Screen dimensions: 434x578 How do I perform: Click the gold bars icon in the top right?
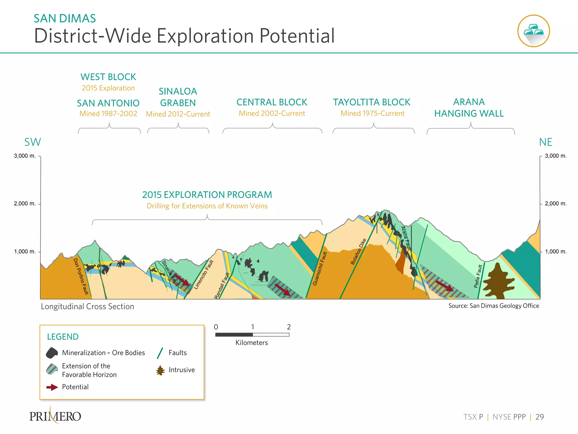[x=533, y=31]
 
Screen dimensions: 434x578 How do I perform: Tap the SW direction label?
[x=32, y=142]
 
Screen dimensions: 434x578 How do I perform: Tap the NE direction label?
[x=546, y=142]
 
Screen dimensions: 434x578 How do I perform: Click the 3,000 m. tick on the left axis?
[x=25, y=156]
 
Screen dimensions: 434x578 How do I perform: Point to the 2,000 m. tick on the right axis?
[x=556, y=204]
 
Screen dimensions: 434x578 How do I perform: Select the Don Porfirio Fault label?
[x=81, y=276]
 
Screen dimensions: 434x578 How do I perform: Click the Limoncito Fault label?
[x=203, y=275]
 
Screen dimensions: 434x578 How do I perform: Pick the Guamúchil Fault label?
[x=319, y=268]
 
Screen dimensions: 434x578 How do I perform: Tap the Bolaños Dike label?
[x=358, y=251]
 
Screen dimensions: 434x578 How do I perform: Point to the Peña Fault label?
[x=478, y=276]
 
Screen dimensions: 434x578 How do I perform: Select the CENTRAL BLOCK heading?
[x=272, y=102]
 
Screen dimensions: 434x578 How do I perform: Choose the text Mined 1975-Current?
[x=373, y=114]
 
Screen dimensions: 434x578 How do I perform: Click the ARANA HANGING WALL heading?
[x=469, y=108]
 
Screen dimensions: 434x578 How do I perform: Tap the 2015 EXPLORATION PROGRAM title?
[x=207, y=195]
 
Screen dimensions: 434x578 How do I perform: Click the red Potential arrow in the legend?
[x=52, y=387]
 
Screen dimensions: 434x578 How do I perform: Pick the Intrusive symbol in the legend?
[x=161, y=370]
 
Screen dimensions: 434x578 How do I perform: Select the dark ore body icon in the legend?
[x=52, y=353]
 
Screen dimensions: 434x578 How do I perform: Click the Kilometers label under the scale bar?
[x=251, y=343]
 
